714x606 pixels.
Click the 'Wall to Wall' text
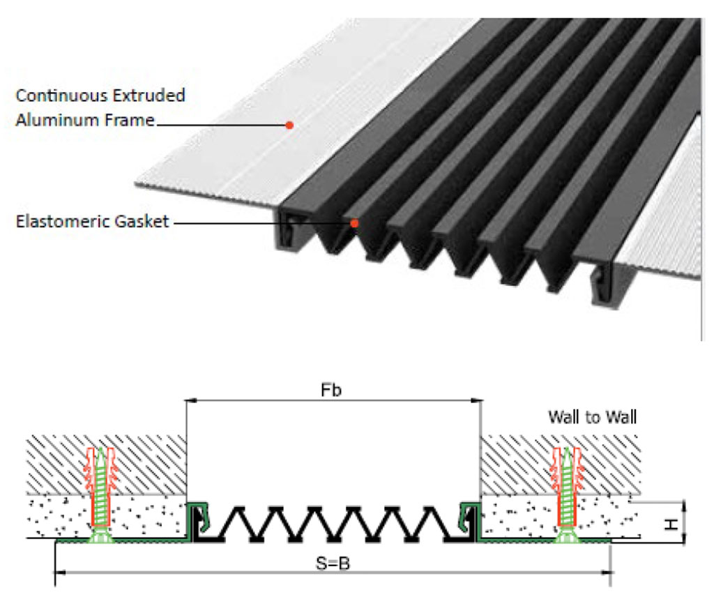tap(593, 417)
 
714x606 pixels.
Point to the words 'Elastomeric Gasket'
tap(92, 222)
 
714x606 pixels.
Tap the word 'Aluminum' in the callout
tap(59, 120)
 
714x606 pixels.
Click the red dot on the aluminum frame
tap(289, 126)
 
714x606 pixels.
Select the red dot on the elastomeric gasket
tap(354, 223)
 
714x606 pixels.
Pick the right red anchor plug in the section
tap(565, 481)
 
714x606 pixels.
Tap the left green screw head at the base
tap(102, 536)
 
